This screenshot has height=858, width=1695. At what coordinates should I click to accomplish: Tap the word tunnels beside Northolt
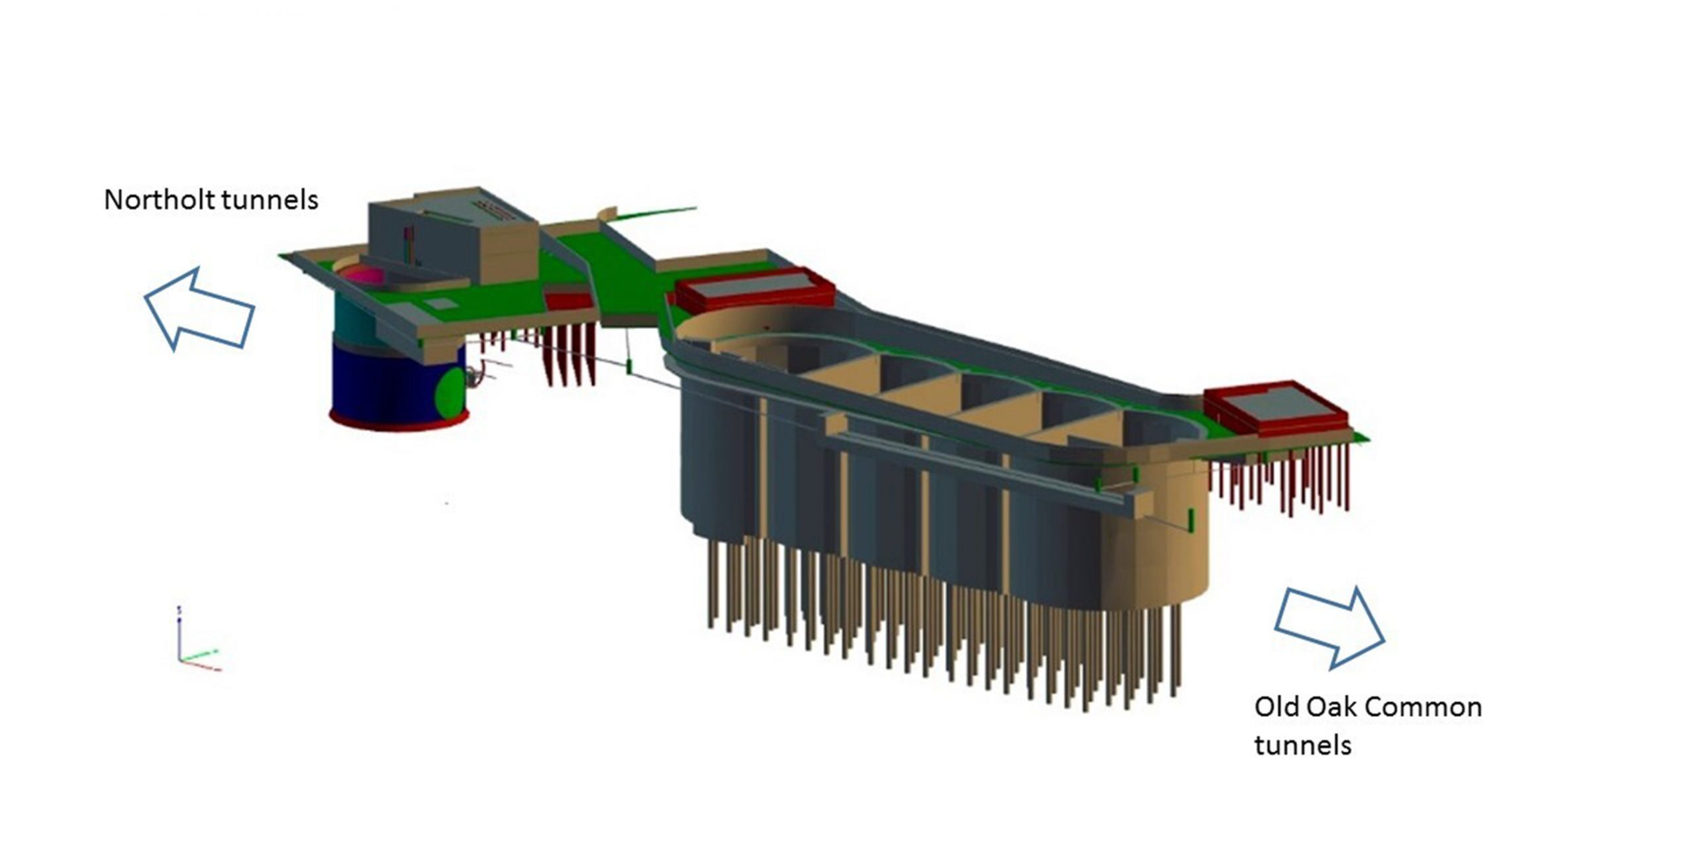264,199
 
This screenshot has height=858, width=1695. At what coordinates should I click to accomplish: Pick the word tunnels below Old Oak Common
1302,745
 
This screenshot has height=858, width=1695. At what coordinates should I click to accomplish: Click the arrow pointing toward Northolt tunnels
199,309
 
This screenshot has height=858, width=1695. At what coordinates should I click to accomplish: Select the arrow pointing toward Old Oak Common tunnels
1330,626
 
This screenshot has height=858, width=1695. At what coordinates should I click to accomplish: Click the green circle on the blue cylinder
450,393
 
